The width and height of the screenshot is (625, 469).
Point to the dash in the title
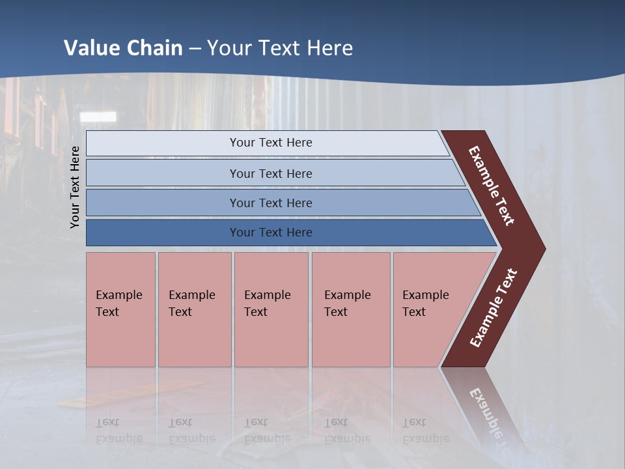pyautogui.click(x=195, y=49)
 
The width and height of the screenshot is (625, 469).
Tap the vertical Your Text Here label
pyautogui.click(x=75, y=187)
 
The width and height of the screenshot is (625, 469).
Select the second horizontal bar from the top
pyautogui.click(x=270, y=173)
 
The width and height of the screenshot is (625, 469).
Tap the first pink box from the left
pyautogui.click(x=120, y=309)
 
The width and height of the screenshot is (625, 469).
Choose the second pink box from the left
pyautogui.click(x=194, y=309)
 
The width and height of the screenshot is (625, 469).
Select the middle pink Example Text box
pyautogui.click(x=271, y=309)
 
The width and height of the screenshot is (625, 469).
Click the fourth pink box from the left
pyautogui.click(x=350, y=309)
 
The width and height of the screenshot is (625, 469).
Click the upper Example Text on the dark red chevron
pyautogui.click(x=492, y=186)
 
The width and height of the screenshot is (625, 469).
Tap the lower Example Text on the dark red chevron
pyautogui.click(x=493, y=308)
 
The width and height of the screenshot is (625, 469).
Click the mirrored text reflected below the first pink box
pyautogui.click(x=119, y=430)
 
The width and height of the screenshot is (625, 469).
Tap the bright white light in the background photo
pyautogui.click(x=97, y=117)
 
